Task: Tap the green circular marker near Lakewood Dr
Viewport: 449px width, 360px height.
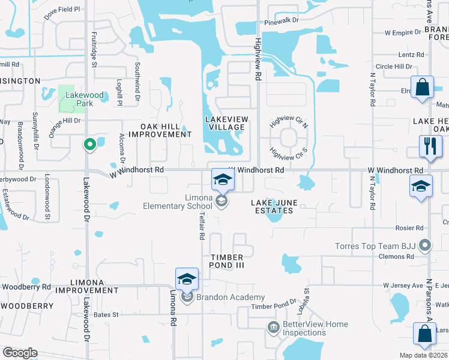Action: (89, 144)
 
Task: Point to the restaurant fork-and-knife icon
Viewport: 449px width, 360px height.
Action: (430, 148)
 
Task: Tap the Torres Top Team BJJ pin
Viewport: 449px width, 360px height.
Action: (426, 245)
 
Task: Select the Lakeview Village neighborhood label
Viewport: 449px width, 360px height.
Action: (225, 123)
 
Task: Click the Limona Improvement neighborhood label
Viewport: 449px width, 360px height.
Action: (86, 286)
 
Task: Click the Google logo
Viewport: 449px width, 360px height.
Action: (20, 353)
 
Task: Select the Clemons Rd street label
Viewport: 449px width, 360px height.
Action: (400, 256)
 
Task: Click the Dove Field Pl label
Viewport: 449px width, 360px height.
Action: (62, 10)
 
